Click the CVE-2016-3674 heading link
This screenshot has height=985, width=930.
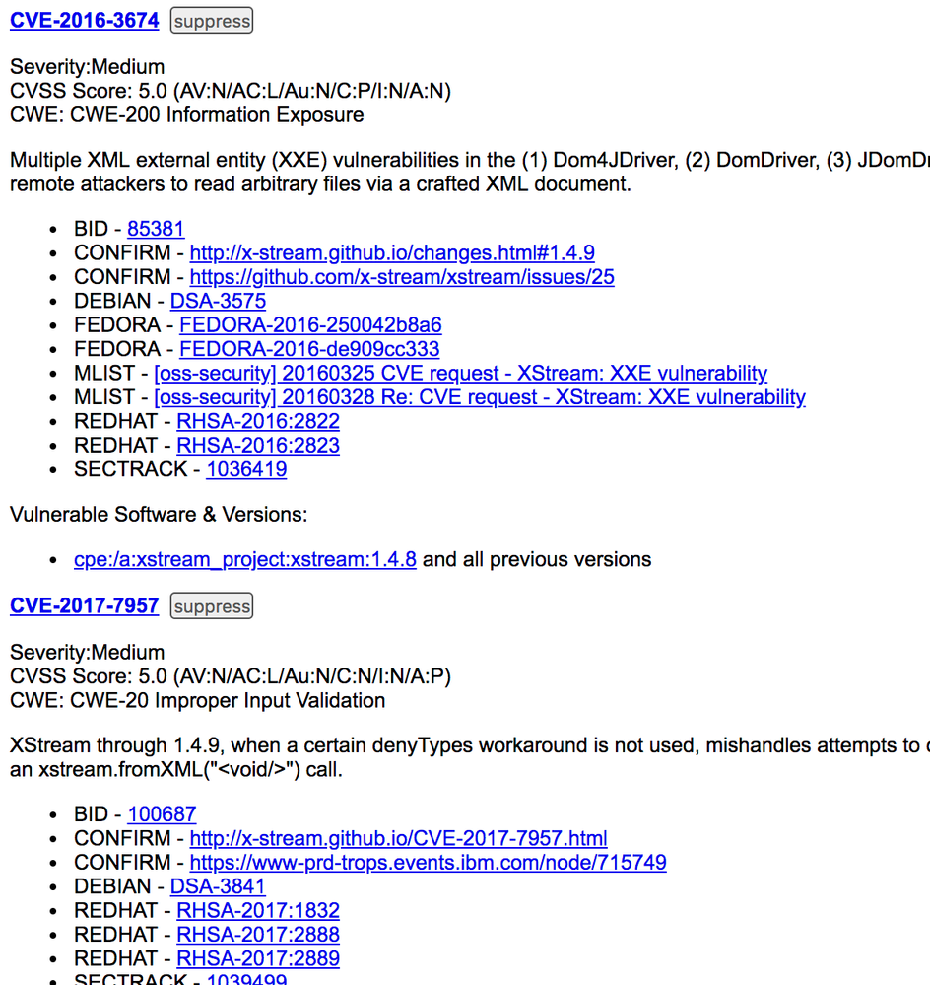[x=84, y=20]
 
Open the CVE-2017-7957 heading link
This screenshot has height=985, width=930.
[x=84, y=605]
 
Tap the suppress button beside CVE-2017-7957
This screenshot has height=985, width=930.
[x=212, y=606]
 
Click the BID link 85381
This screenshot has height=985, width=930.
[x=156, y=229]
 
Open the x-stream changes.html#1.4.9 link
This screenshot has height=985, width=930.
[x=392, y=252]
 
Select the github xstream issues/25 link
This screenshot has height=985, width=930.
[x=402, y=277]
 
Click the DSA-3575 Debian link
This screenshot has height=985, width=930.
[x=218, y=301]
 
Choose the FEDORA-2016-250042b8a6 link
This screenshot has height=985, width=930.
[x=310, y=324]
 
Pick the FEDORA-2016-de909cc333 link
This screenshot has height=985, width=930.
[x=309, y=349]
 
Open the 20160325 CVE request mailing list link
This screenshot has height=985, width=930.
[x=460, y=373]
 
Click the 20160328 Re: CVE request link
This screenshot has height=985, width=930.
[x=480, y=397]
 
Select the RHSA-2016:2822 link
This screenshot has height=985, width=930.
[x=258, y=421]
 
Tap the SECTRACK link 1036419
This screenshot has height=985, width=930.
[x=246, y=469]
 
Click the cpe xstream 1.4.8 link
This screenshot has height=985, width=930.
[x=245, y=559]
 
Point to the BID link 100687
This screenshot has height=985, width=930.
[x=162, y=814]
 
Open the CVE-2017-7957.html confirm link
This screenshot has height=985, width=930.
[x=398, y=838]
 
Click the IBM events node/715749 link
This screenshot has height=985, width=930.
[x=428, y=863]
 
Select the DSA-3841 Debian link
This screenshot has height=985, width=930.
[x=218, y=886]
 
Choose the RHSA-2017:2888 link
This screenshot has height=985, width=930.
[x=258, y=935]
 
